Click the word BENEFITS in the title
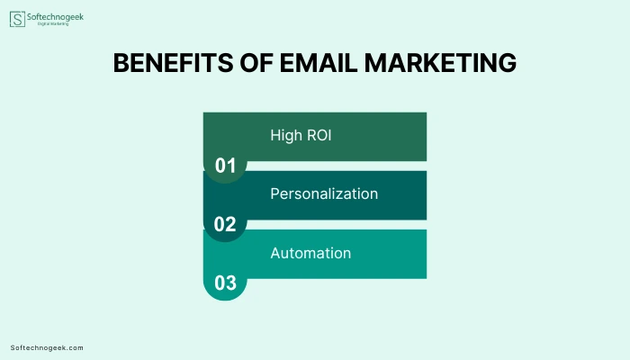[x=173, y=63]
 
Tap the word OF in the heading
[x=256, y=63]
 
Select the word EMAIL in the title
[x=319, y=63]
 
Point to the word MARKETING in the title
[x=440, y=63]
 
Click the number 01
[x=225, y=166]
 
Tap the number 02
[x=225, y=224]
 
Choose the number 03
[x=225, y=283]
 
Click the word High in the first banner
[x=286, y=135]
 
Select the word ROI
[x=319, y=135]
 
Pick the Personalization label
[x=324, y=194]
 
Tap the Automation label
[x=310, y=253]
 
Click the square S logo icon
[x=17, y=19]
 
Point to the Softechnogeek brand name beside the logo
[x=55, y=17]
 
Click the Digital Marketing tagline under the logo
[x=53, y=23]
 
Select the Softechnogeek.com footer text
[x=47, y=348]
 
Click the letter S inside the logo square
[x=17, y=19]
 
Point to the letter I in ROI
[x=329, y=135]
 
